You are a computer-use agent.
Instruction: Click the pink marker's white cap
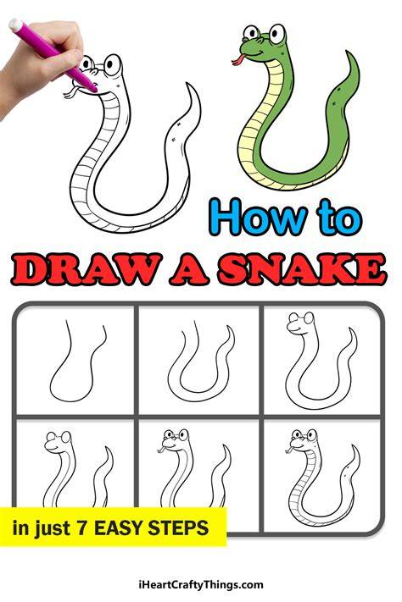point(16,25)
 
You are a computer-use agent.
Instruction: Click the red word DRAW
point(86,269)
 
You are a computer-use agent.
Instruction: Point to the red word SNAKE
point(301,269)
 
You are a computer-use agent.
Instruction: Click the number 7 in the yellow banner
point(81,527)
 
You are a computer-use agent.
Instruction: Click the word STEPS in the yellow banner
point(178,527)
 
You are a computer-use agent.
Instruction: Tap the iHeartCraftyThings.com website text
point(201,585)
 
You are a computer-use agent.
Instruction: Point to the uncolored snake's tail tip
point(187,84)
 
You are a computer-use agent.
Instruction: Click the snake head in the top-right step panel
point(301,324)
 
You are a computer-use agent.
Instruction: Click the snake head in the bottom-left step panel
point(59,442)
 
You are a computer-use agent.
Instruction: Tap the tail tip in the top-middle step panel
point(228,328)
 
